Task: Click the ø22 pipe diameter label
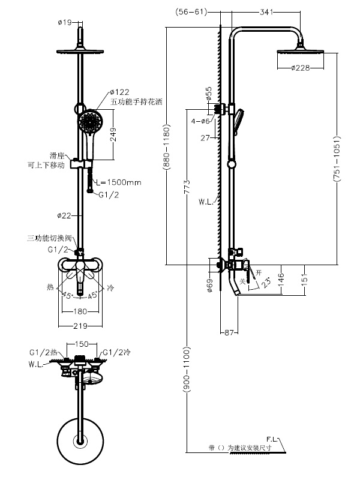tap(65, 215)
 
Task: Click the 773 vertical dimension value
tap(188, 187)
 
